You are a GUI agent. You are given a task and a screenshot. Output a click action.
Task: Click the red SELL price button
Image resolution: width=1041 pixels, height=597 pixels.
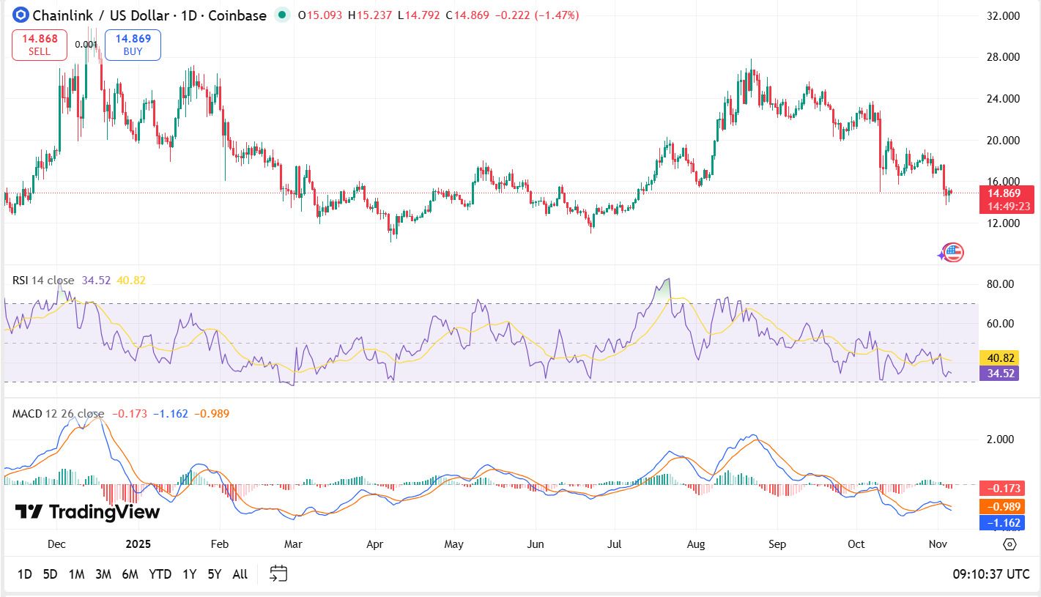(40, 45)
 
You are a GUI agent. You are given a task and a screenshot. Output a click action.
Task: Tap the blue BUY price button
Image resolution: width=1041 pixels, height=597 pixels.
(133, 45)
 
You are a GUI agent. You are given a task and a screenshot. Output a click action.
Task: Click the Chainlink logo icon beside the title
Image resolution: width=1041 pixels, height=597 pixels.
(21, 15)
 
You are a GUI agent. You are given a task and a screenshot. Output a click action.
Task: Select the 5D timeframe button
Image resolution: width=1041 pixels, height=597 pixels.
(50, 574)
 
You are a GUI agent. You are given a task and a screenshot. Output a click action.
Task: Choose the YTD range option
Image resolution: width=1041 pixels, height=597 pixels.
(160, 574)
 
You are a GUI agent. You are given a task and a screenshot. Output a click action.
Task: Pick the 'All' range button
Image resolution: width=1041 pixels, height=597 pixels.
(240, 574)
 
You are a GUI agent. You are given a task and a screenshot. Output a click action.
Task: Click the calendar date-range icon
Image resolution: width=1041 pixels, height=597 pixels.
(278, 574)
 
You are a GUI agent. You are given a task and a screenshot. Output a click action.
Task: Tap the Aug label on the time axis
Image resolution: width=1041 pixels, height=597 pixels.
(696, 544)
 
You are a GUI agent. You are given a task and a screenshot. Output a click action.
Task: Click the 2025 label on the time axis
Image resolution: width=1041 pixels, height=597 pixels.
(138, 544)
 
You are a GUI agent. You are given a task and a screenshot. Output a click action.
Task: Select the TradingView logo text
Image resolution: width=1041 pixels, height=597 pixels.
(87, 512)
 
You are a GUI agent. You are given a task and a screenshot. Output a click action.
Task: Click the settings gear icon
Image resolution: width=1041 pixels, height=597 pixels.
(1009, 544)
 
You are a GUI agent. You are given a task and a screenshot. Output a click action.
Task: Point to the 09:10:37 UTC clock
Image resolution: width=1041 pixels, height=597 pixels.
(990, 574)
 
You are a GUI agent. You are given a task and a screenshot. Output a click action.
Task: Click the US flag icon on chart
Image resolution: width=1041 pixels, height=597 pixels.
(952, 253)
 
